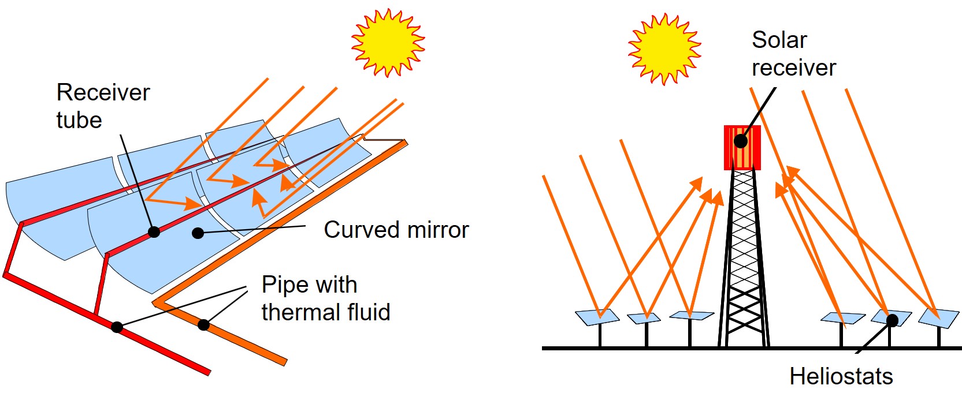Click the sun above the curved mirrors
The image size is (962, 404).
pyautogui.click(x=388, y=42)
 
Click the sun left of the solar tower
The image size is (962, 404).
pyautogui.click(x=664, y=48)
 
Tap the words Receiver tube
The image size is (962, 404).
pyautogui.click(x=103, y=106)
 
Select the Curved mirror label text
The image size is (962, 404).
pyautogui.click(x=396, y=230)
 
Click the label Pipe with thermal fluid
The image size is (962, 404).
pyautogui.click(x=326, y=298)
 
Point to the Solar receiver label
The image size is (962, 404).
pyautogui.click(x=793, y=54)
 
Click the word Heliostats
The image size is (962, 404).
pyautogui.click(x=841, y=376)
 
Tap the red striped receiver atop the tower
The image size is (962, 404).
pyautogui.click(x=742, y=148)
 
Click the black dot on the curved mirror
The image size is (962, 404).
pyautogui.click(x=198, y=233)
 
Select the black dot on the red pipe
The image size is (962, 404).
pyautogui.click(x=117, y=327)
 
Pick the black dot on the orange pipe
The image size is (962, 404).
pyautogui.click(x=203, y=325)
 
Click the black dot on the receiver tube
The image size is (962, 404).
pyautogui.click(x=154, y=232)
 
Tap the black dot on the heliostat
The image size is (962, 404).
pyautogui.click(x=893, y=319)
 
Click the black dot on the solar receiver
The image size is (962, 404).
pyautogui.click(x=741, y=140)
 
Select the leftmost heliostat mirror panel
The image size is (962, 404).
pyautogui.click(x=597, y=317)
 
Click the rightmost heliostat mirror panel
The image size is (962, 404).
pyautogui.click(x=938, y=317)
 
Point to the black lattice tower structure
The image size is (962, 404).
pyautogui.click(x=744, y=260)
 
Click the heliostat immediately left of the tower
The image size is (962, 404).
pyautogui.click(x=692, y=315)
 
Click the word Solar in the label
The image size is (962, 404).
pyautogui.click(x=779, y=40)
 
